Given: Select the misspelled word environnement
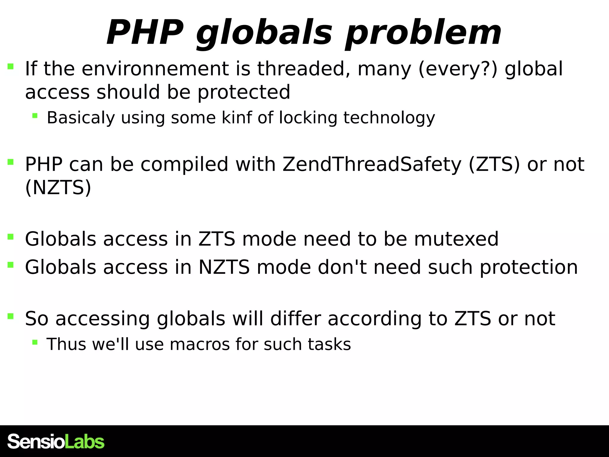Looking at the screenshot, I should tap(155, 69).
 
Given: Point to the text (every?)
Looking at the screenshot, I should tap(458, 69).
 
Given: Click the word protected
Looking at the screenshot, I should tap(244, 92).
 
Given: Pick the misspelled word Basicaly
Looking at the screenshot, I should tap(81, 118).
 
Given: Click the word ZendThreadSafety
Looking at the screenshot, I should tap(372, 165).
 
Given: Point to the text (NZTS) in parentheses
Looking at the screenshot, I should tap(58, 188).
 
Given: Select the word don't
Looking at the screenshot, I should tap(342, 267).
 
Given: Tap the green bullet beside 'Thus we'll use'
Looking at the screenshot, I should tap(35, 342).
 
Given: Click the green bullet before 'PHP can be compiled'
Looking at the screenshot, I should tap(10, 162).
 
